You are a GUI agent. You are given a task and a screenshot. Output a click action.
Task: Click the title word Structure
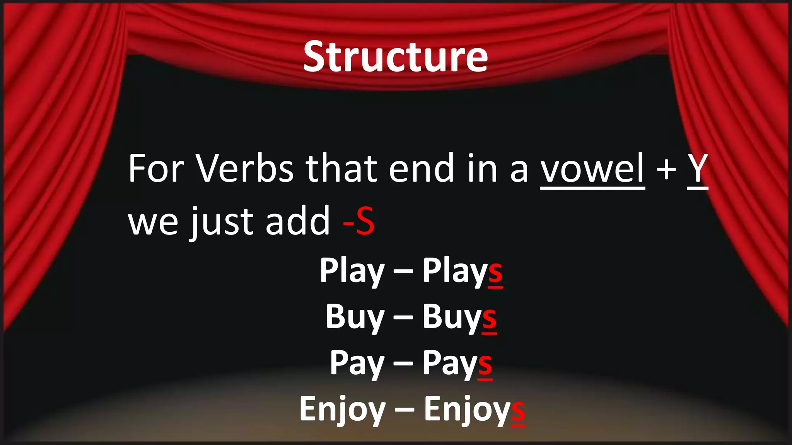click(395, 57)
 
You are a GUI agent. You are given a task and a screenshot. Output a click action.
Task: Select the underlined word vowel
click(592, 169)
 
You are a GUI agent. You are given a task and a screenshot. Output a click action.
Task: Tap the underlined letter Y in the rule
click(698, 169)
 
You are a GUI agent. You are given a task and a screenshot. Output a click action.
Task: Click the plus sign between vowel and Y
click(666, 170)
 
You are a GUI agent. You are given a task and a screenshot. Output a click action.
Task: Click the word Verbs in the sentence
click(246, 169)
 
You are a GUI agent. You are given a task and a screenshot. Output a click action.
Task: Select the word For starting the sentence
click(156, 169)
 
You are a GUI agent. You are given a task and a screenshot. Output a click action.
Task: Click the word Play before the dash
click(352, 271)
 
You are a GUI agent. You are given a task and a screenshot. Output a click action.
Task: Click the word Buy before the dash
click(355, 318)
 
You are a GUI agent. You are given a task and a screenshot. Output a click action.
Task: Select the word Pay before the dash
click(357, 363)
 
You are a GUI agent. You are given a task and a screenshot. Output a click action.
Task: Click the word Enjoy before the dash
click(342, 410)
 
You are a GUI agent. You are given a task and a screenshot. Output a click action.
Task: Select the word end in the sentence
click(421, 169)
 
